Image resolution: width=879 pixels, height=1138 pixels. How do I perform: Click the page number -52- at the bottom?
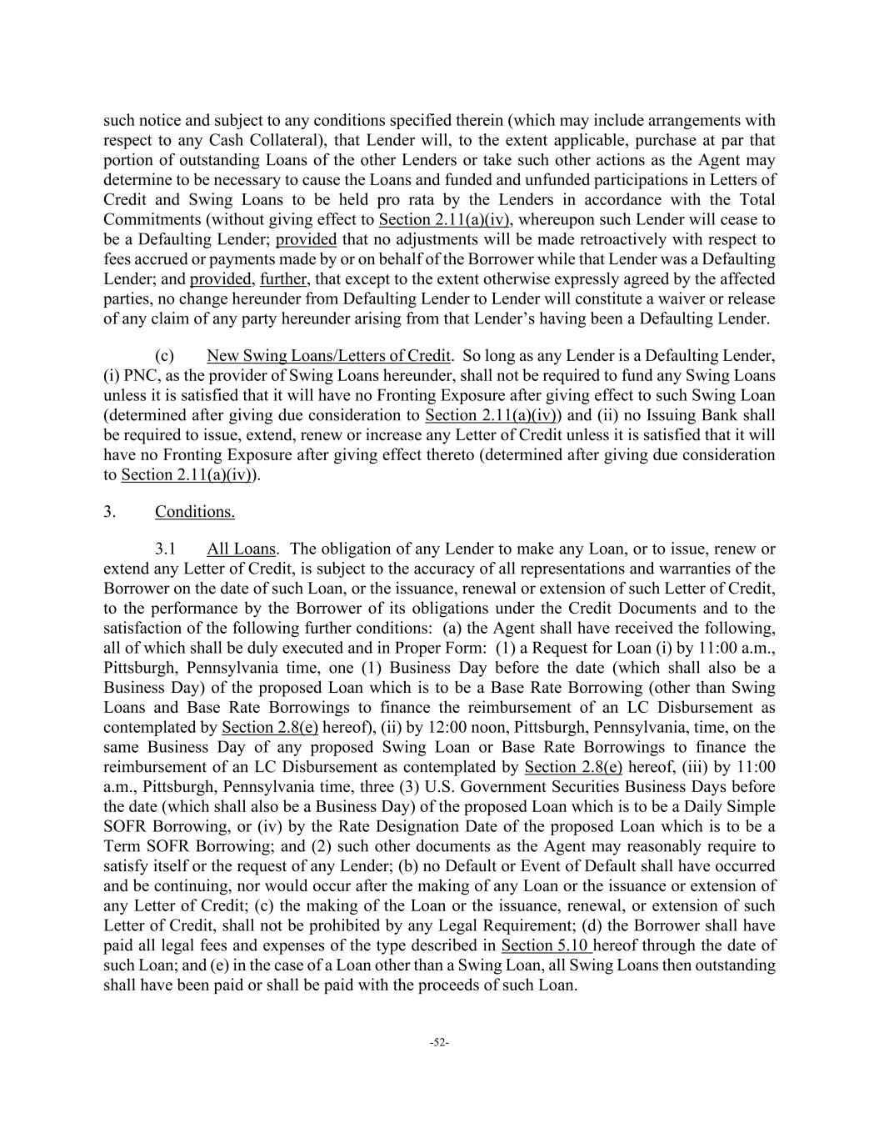[x=439, y=1042]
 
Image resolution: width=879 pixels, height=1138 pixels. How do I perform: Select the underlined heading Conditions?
[x=194, y=512]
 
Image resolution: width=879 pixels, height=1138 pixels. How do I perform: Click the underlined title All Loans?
[x=241, y=549]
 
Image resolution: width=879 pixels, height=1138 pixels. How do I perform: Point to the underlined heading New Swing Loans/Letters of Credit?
[x=328, y=356]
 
